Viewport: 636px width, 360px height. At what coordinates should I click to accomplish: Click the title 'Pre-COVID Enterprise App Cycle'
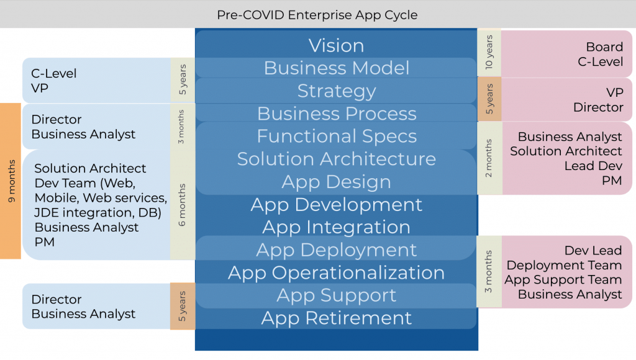click(317, 14)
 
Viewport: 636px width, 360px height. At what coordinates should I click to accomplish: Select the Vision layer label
click(336, 45)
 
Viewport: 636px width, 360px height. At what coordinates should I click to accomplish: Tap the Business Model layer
click(336, 68)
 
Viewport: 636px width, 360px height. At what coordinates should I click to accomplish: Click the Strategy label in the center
click(336, 91)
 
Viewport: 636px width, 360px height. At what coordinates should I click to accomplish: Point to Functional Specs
click(336, 136)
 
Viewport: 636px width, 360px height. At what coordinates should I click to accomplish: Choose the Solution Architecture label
click(336, 159)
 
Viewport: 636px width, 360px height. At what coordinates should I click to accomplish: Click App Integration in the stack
click(336, 227)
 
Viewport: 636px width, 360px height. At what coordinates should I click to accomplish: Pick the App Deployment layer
click(336, 250)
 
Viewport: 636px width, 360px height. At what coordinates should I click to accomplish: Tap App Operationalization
click(336, 272)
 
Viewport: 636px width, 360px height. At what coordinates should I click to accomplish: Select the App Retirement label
click(336, 318)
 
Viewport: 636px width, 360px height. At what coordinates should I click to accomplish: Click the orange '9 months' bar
click(11, 181)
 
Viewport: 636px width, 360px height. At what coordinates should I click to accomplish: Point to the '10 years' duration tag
click(489, 53)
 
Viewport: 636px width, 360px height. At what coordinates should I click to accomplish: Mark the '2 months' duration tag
click(489, 158)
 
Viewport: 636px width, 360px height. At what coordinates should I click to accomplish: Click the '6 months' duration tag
click(182, 204)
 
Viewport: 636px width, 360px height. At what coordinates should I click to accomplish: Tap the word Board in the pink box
click(604, 47)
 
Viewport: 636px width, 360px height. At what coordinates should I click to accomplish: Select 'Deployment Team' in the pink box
click(564, 265)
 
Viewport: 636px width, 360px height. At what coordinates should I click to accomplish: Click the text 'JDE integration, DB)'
click(98, 212)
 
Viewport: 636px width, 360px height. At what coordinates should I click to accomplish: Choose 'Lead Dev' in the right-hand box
click(593, 166)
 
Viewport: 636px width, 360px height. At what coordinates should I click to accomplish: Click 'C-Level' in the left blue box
click(54, 73)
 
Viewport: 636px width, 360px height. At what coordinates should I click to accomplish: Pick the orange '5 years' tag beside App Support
click(182, 306)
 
